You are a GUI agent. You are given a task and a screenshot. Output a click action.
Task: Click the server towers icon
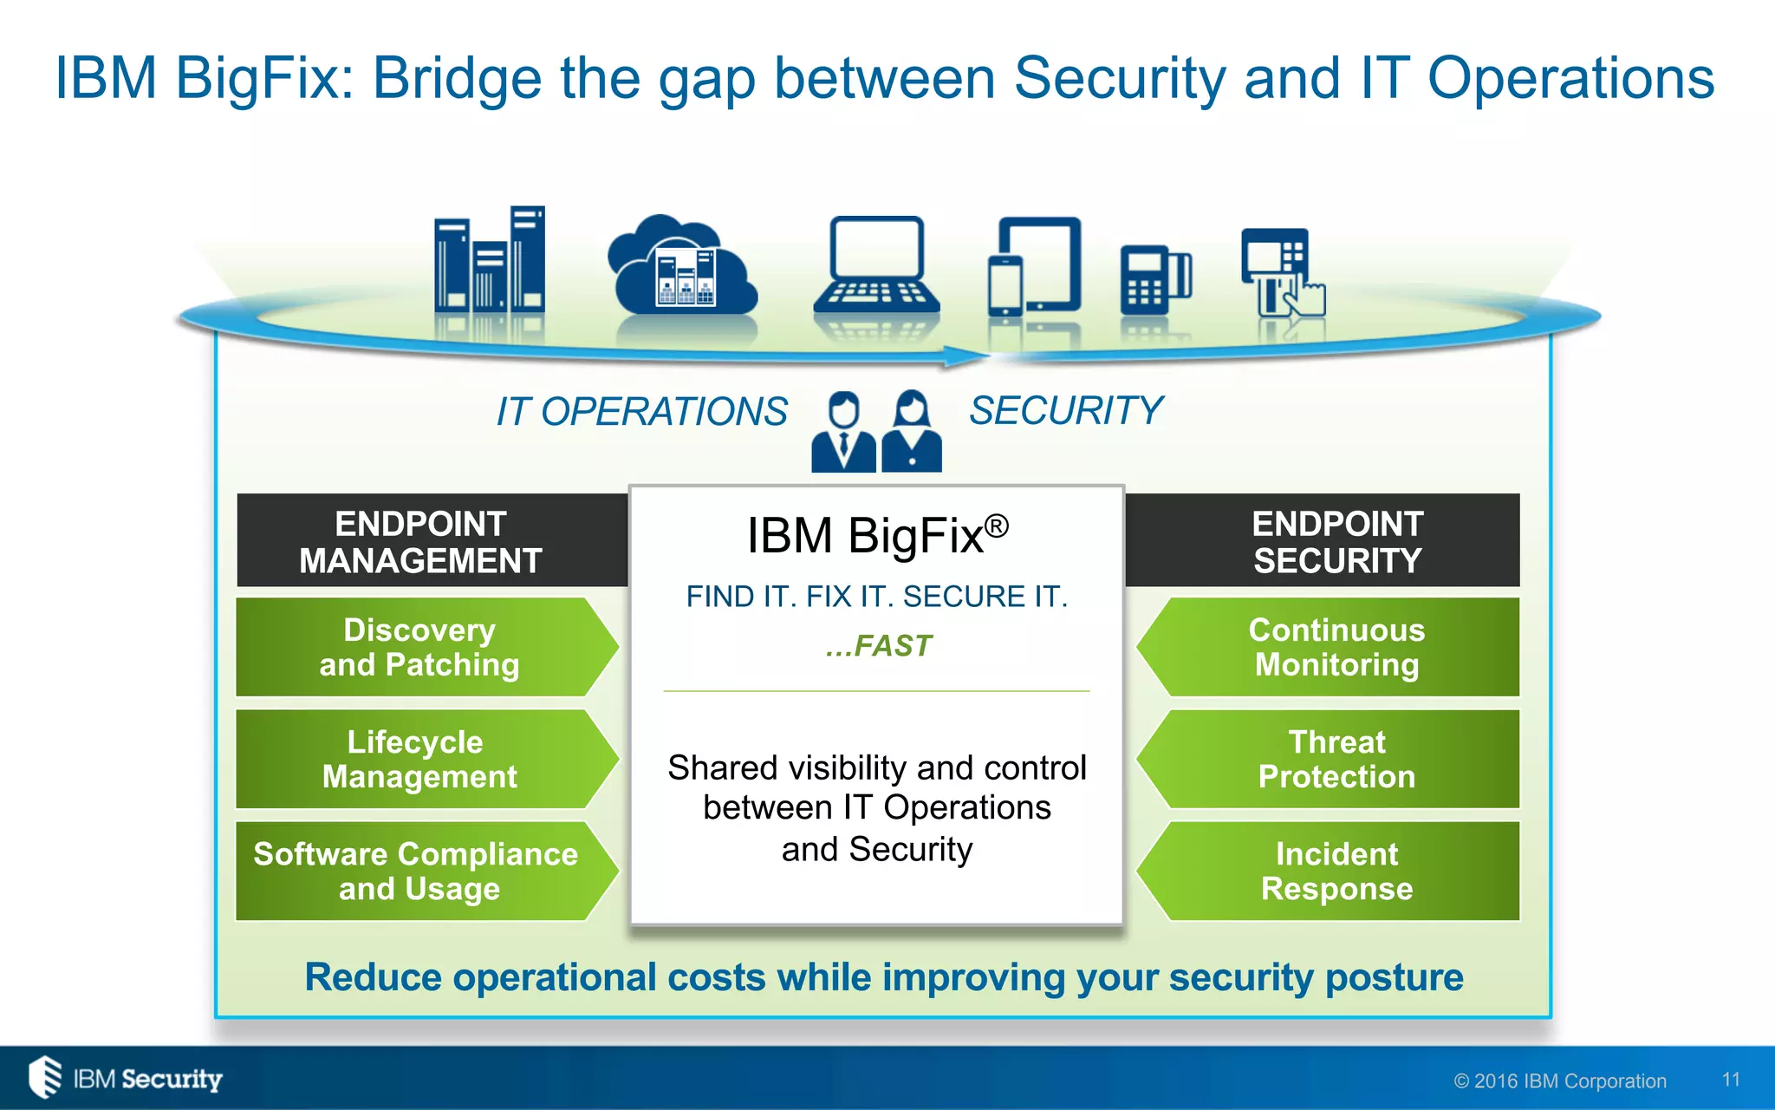[x=490, y=260]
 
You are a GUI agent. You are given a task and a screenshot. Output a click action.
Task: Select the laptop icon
[x=876, y=265]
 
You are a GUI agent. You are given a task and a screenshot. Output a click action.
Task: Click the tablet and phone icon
[x=1035, y=267]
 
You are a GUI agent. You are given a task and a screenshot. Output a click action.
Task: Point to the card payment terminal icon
[x=1155, y=279]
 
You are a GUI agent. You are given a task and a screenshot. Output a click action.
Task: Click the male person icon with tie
[x=843, y=432]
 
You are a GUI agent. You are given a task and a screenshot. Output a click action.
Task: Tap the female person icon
[x=911, y=432]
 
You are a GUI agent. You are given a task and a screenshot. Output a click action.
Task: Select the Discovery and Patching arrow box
[x=420, y=647]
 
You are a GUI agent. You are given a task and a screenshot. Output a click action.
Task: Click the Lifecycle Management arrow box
[x=420, y=760]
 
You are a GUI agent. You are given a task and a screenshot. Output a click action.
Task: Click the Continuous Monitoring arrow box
[x=1336, y=647]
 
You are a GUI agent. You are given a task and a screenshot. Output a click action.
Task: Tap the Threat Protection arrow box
[x=1336, y=760]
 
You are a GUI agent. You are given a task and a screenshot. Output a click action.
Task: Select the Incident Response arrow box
[x=1336, y=872]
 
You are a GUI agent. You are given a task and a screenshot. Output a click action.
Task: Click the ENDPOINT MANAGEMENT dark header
[x=421, y=541]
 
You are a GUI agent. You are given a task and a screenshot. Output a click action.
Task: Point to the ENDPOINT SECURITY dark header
[x=1336, y=541]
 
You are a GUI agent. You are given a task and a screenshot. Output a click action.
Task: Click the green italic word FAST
[x=892, y=646]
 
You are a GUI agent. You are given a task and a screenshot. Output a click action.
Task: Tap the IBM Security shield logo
[x=45, y=1077]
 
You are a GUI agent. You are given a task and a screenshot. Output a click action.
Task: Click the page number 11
[x=1731, y=1080]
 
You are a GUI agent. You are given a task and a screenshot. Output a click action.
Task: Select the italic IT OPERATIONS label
[x=641, y=411]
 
